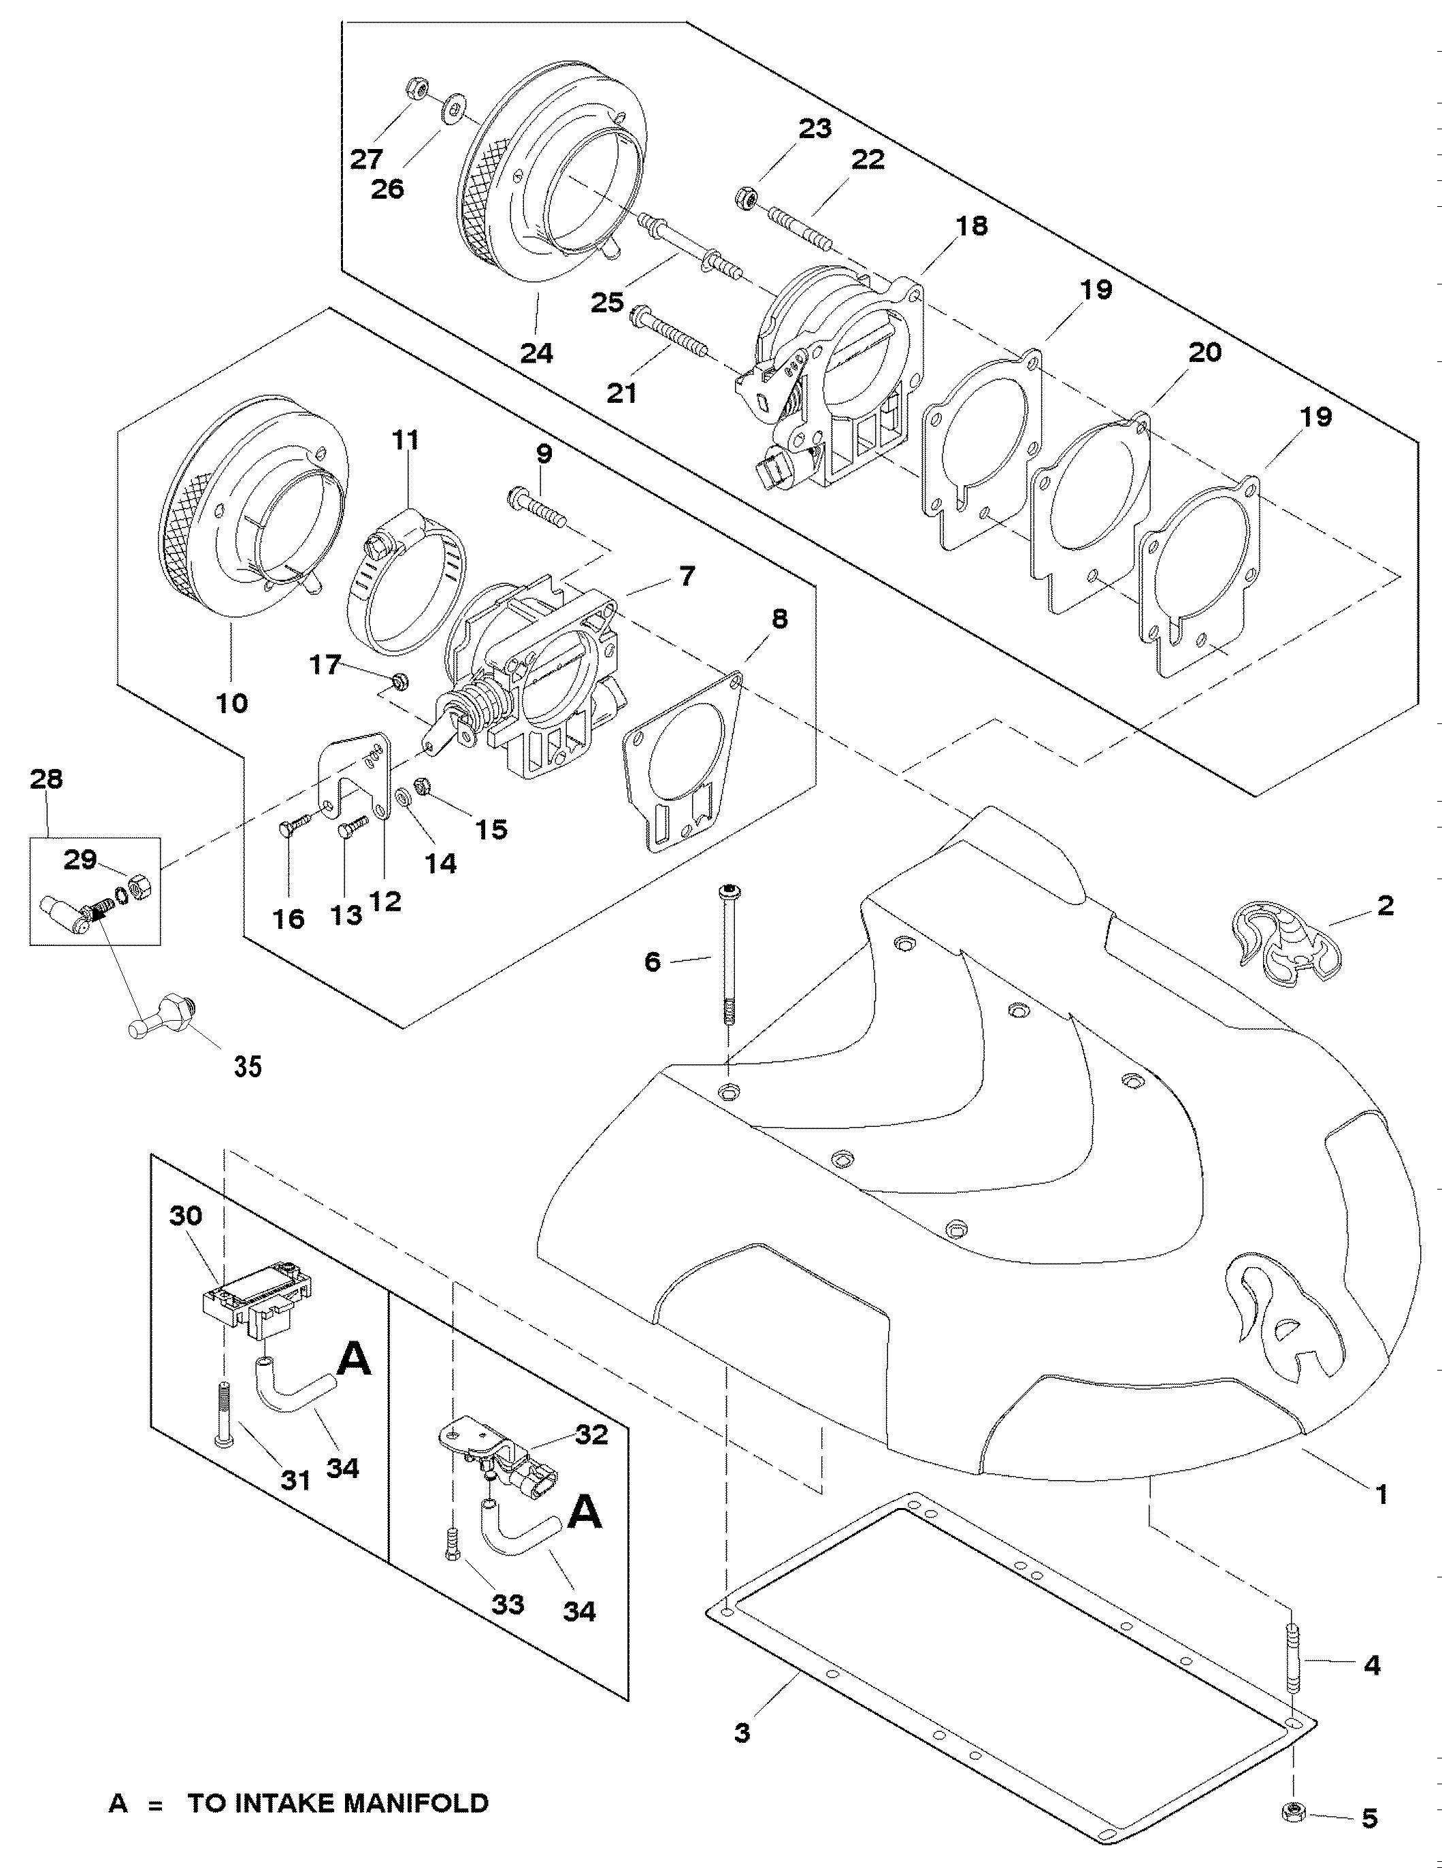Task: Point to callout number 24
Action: [x=537, y=353]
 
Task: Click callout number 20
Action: [x=1205, y=353]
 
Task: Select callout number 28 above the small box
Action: [x=46, y=779]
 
